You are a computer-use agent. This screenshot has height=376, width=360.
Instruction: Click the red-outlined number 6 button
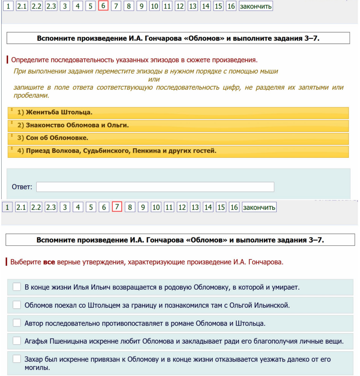click(x=103, y=6)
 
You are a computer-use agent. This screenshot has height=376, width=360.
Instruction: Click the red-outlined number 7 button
click(x=117, y=207)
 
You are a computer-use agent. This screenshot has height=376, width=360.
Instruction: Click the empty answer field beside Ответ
click(x=155, y=187)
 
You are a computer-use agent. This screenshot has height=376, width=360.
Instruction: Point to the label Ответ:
click(x=23, y=187)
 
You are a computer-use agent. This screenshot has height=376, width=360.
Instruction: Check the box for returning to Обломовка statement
click(x=17, y=287)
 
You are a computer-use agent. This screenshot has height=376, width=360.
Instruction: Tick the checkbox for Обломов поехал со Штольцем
click(x=17, y=305)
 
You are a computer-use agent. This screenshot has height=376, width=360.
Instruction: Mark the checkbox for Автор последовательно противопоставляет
click(x=17, y=323)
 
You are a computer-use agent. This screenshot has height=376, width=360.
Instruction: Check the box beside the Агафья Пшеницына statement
click(x=17, y=341)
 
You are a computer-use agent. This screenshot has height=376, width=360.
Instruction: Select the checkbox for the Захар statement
click(x=17, y=360)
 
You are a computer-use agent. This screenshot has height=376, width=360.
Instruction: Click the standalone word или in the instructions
click(x=154, y=79)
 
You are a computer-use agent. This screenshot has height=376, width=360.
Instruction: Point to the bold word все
click(x=49, y=263)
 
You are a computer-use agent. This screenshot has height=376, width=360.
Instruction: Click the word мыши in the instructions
click(x=270, y=72)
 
